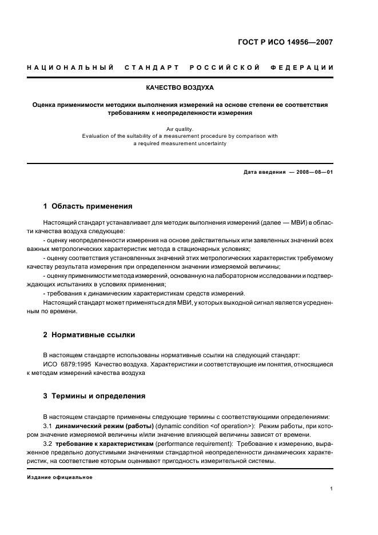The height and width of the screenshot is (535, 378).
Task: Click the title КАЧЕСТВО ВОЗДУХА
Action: coord(180,88)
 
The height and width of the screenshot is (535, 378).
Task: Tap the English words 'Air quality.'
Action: coord(180,129)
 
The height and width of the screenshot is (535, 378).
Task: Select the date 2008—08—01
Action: coord(314,172)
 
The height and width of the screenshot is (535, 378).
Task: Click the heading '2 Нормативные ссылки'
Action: coord(89,334)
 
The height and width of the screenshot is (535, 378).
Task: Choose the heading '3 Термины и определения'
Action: coord(94,396)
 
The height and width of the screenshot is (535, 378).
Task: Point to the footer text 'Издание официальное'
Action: coord(59,477)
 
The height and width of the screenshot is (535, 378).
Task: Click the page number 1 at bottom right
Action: coord(332,489)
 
